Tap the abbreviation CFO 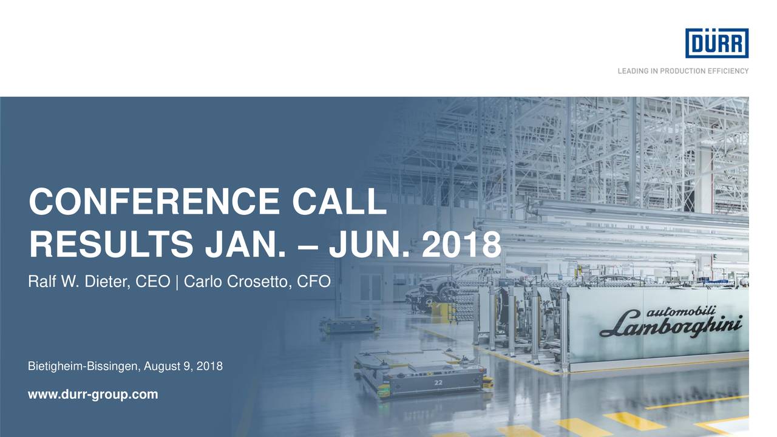tap(316, 282)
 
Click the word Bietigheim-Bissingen tap(83, 367)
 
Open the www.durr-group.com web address tap(93, 395)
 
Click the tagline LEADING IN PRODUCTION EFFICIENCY tap(683, 71)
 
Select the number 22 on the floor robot tap(438, 383)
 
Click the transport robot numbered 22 tap(419, 373)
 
